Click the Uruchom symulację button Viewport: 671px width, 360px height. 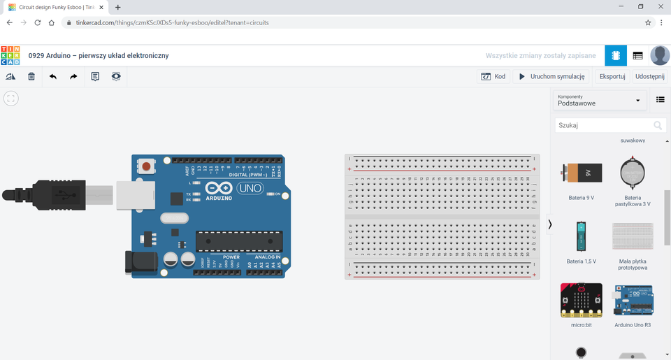coord(551,77)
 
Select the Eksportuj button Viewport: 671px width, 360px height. coord(612,77)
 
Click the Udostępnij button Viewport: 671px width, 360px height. coord(649,77)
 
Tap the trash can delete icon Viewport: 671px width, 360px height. coord(31,77)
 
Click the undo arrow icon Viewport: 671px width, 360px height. coord(53,77)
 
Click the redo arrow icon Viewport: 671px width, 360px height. coord(73,77)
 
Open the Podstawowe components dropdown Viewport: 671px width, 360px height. coord(599,101)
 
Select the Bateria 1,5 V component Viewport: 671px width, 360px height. coord(581,236)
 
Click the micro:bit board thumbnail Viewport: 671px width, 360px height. coord(581,300)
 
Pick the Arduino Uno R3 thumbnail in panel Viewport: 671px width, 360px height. coord(633,300)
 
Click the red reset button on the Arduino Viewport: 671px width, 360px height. coord(146,166)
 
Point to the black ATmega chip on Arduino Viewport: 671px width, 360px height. coord(239,241)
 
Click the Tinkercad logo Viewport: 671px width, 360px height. coord(10,56)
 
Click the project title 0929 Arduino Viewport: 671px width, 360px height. coord(98,56)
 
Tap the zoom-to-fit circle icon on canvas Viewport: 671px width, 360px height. coord(10,99)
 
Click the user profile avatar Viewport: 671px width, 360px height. coord(659,56)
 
